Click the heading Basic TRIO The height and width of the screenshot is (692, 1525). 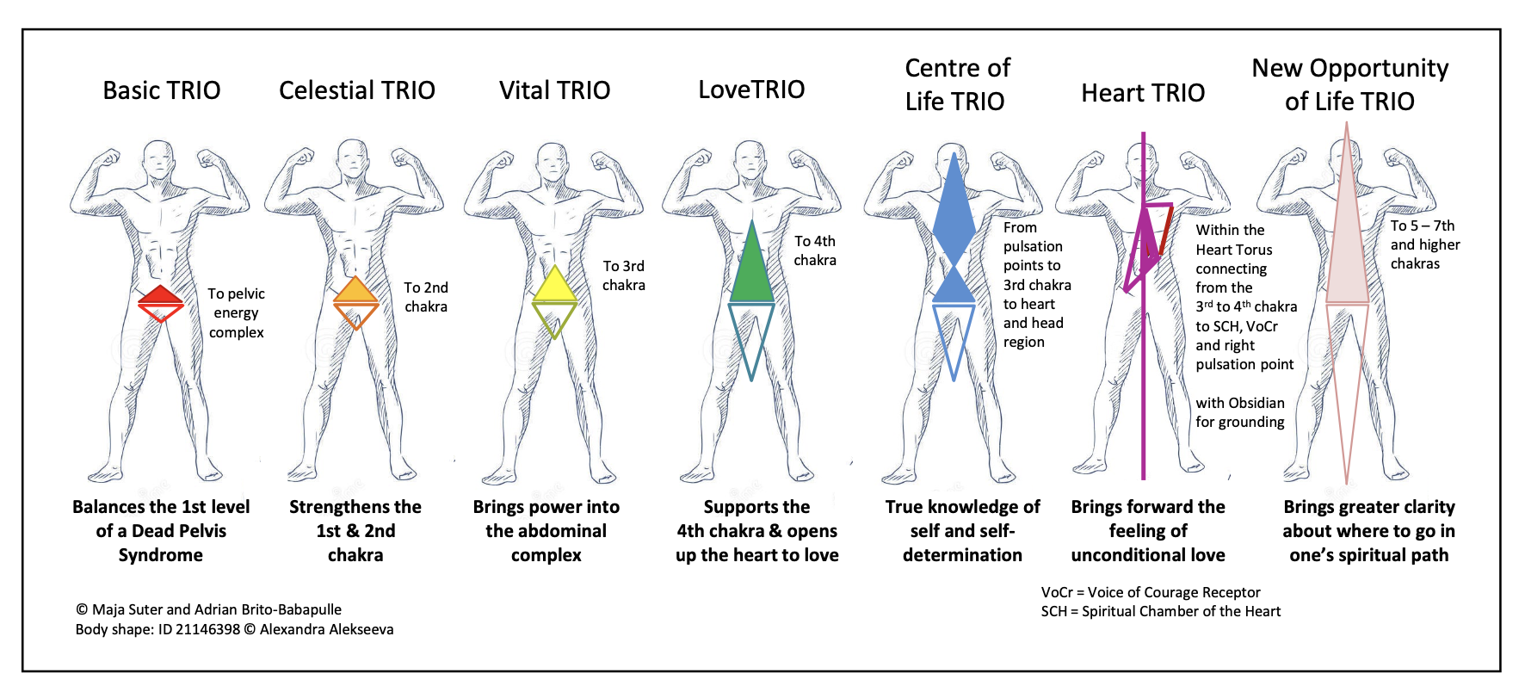162,90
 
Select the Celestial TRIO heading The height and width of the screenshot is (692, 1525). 357,90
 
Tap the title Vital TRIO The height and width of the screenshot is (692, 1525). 554,90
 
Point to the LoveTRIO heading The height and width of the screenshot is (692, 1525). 751,90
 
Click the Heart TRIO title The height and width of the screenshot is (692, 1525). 1143,93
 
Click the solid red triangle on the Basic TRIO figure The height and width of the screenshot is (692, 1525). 161,296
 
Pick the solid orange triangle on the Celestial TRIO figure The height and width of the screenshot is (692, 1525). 355,292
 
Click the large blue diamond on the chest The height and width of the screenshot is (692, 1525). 954,211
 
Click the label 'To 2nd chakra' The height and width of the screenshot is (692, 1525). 426,297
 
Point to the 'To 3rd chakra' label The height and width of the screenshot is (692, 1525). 624,275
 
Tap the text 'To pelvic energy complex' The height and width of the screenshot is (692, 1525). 237,312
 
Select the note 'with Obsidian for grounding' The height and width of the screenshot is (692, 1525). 1240,412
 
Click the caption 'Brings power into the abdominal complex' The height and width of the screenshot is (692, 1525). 546,531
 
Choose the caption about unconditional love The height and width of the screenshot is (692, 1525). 1148,531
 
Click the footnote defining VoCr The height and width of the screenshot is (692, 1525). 1151,592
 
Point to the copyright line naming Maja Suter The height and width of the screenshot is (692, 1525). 209,609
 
